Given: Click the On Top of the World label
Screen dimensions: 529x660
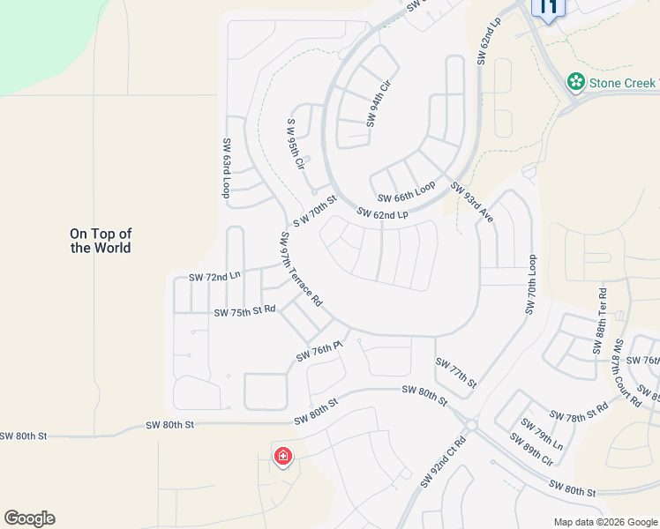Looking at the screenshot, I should click(101, 241).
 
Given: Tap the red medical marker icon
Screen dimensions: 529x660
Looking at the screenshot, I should click(283, 457).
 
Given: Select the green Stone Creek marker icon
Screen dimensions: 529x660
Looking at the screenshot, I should click(576, 82).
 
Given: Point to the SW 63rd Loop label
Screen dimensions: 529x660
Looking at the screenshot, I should click(227, 168).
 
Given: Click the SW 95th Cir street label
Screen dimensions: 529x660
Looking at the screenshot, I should click(296, 145).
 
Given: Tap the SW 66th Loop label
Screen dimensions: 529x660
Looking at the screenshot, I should click(407, 191).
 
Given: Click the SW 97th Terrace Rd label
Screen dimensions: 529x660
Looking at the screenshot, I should click(301, 269).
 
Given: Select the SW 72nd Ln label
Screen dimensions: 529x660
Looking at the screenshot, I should click(214, 277).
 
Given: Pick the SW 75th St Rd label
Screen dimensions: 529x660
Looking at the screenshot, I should click(245, 311).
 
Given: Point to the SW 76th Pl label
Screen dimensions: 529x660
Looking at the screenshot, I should click(319, 352).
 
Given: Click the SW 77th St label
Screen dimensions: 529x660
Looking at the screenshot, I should click(456, 373).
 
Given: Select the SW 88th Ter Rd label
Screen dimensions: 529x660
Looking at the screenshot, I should click(602, 315).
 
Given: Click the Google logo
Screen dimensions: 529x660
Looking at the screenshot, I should click(29, 518).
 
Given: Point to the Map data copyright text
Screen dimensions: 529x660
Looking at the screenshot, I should click(604, 522).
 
